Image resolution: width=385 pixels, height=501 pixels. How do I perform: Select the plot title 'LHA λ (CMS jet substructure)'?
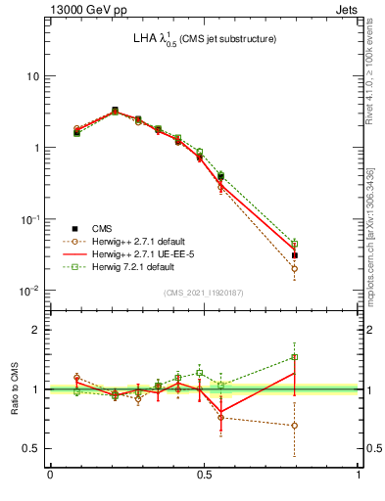coord(205,39)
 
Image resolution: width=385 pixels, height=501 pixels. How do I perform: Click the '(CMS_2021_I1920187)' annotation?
coord(205,293)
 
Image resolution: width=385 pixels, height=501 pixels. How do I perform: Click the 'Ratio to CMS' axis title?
coord(14,388)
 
